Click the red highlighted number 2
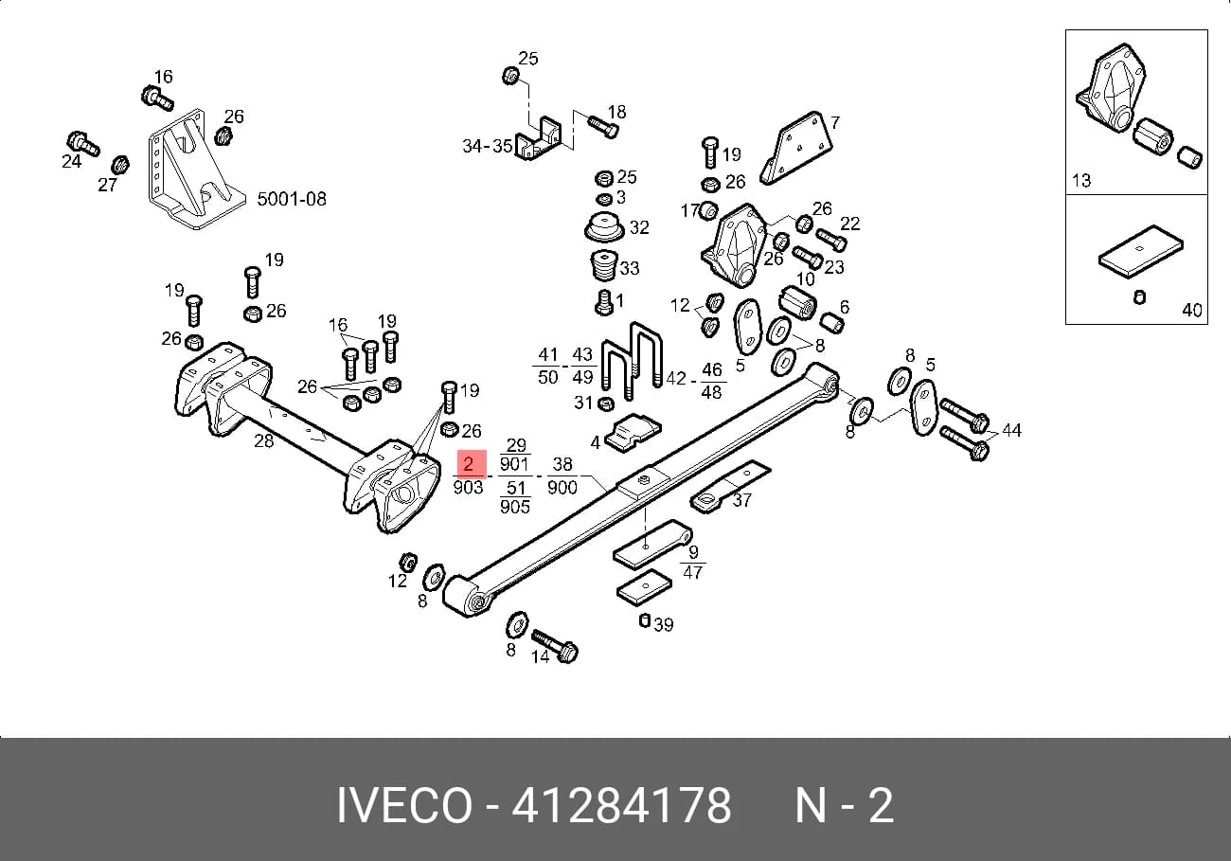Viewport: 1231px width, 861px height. [468, 463]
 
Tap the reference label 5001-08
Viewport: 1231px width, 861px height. [292, 199]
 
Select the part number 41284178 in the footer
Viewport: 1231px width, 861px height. [621, 806]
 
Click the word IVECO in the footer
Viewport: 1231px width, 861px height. [404, 806]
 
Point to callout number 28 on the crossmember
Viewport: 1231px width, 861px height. [264, 441]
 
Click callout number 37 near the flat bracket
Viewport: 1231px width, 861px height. [741, 500]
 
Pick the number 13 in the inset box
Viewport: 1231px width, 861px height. [1081, 180]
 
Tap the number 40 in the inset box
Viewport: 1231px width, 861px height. [1192, 310]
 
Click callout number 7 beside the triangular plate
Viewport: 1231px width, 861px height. [835, 122]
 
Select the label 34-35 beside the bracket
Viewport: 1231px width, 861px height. [488, 146]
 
